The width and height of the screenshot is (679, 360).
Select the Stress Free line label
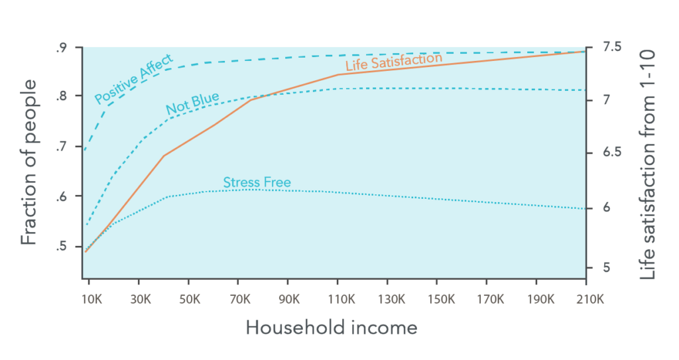click(x=257, y=182)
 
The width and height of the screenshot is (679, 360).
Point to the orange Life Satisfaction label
click(x=394, y=64)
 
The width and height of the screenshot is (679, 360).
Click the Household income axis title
click(x=332, y=328)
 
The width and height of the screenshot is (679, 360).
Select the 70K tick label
click(x=239, y=299)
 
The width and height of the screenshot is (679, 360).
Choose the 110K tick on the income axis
click(x=338, y=299)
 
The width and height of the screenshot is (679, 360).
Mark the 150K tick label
click(x=437, y=299)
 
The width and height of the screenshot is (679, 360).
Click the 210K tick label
click(x=586, y=299)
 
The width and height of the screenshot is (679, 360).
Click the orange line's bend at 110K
click(x=338, y=74)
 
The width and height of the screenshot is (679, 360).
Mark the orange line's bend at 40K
click(x=164, y=156)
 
